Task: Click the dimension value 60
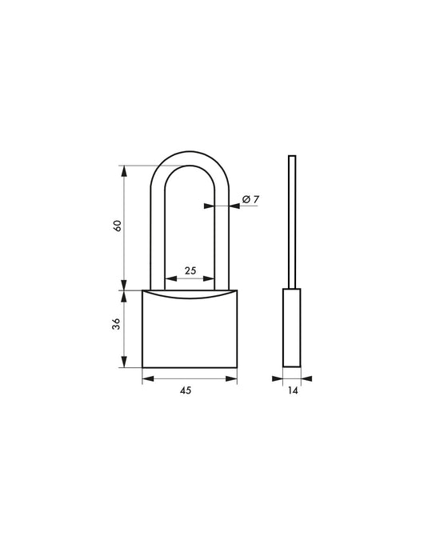click(118, 226)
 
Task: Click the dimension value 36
click(118, 324)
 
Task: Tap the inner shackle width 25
click(190, 271)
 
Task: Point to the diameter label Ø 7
click(247, 199)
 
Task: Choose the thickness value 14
click(292, 391)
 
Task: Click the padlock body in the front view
click(190, 332)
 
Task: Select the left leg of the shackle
click(157, 232)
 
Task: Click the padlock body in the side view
click(292, 328)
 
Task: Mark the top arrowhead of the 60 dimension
click(123, 169)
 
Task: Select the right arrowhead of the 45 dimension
click(234, 377)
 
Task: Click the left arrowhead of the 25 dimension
click(167, 279)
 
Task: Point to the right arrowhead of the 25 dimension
click(214, 279)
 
